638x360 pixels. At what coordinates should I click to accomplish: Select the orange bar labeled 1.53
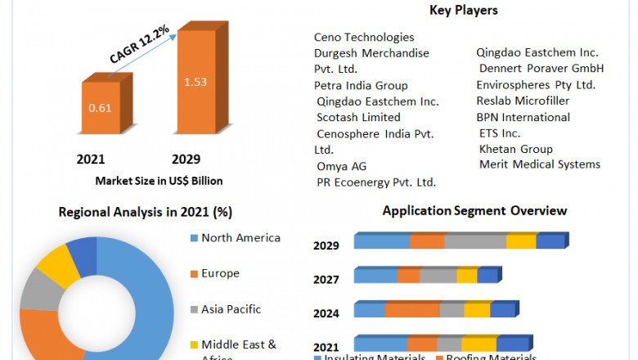pos(195,82)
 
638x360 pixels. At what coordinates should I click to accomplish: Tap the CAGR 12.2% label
pos(140,45)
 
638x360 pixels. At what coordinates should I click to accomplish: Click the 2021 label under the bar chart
pos(91,159)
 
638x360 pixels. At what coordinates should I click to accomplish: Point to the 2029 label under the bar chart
pos(186,159)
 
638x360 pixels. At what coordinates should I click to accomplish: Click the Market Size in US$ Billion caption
pos(159,180)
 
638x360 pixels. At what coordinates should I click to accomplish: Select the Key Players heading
pos(463,11)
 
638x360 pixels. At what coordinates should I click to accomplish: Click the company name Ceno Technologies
pos(364,37)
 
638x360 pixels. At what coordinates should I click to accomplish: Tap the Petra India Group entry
pos(361,85)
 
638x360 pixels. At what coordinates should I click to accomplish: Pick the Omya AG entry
pos(342,166)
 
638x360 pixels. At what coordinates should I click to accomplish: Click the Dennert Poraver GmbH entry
pos(541,68)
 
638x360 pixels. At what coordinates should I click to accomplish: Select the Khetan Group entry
pos(516,149)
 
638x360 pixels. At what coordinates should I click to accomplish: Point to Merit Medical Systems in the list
pos(540,164)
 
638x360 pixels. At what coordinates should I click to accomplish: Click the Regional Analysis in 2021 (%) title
pos(146,212)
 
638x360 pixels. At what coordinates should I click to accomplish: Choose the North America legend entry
pos(240,238)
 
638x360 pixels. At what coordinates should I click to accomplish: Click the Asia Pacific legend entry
pos(231,309)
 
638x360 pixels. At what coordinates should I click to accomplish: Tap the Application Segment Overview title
pos(475,211)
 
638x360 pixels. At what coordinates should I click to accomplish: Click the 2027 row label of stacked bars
pos(326,280)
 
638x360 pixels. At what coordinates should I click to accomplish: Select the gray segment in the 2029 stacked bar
pos(475,241)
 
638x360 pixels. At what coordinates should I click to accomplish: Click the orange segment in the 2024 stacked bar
pos(412,310)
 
